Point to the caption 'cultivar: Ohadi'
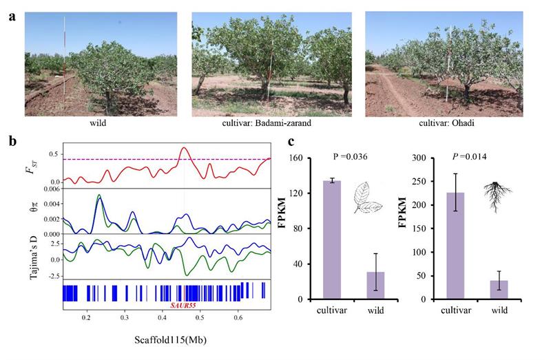click(442, 124)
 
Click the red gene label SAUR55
click(183, 304)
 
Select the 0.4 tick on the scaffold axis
click(162, 318)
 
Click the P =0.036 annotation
click(346, 158)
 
